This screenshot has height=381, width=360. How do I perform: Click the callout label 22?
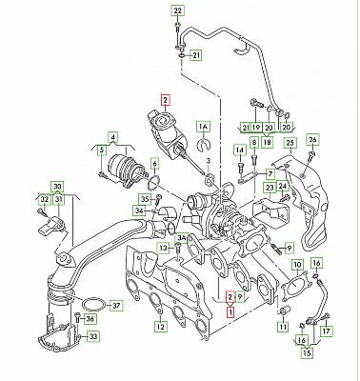point(178,10)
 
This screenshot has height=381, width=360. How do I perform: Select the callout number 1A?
point(203,127)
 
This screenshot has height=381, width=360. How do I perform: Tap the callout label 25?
point(290,143)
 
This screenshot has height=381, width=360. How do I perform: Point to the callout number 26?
point(312,139)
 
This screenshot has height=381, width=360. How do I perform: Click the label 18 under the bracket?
point(268,142)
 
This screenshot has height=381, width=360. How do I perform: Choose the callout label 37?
point(117,306)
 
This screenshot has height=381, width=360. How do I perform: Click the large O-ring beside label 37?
point(93,304)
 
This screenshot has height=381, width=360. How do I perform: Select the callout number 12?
point(161,327)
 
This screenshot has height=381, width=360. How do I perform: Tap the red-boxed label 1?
point(230,312)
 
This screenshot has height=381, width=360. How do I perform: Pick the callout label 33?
point(92,336)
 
